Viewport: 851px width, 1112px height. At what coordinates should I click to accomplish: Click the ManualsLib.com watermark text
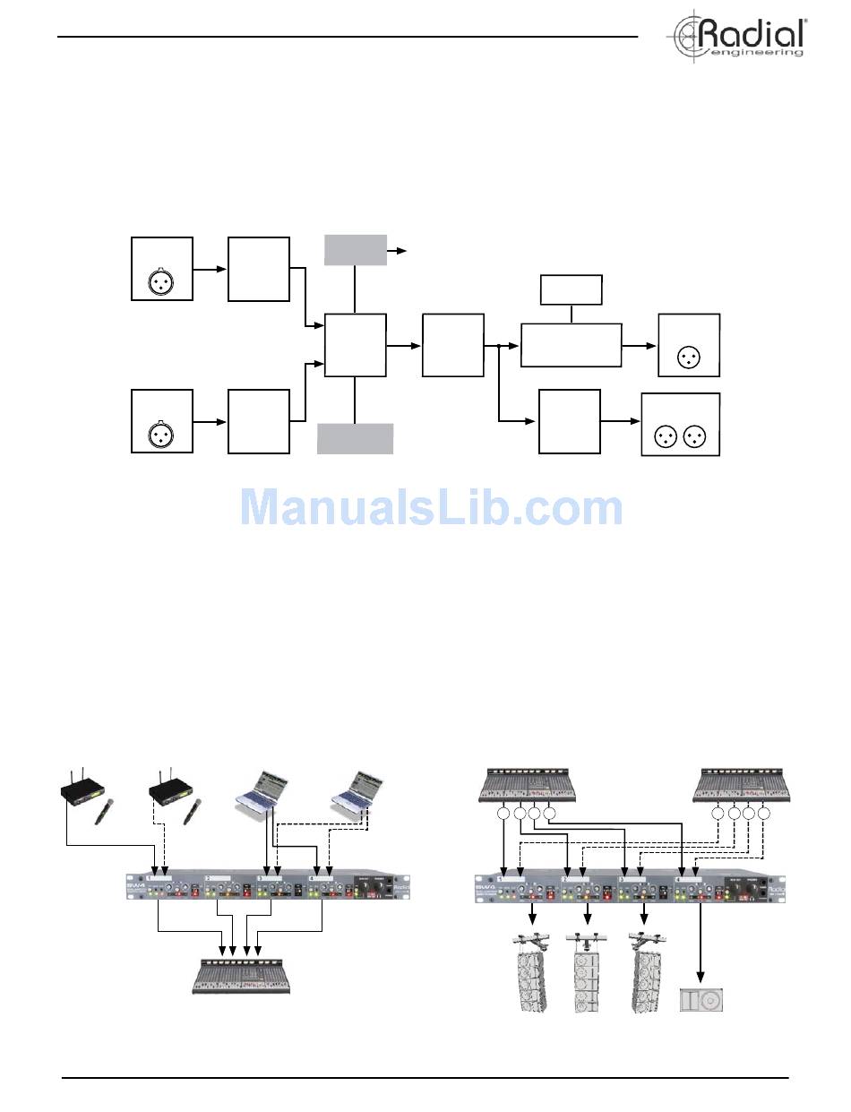(431, 508)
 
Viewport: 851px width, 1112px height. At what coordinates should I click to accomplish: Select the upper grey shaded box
(356, 250)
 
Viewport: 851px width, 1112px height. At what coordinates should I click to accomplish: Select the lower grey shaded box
(356, 438)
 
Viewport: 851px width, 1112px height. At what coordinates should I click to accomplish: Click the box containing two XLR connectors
(681, 425)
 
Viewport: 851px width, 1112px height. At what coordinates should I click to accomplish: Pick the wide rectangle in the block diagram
(571, 345)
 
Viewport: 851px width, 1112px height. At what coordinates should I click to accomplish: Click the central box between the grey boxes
(356, 345)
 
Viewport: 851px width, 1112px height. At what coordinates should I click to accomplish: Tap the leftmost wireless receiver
(82, 790)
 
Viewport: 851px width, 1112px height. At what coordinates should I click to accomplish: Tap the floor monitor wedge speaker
(701, 999)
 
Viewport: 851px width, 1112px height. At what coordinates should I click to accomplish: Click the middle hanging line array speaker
(588, 972)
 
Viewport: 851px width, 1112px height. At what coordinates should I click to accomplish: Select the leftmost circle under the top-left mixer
(503, 815)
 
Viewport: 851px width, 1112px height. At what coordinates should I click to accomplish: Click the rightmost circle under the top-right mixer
(764, 815)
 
